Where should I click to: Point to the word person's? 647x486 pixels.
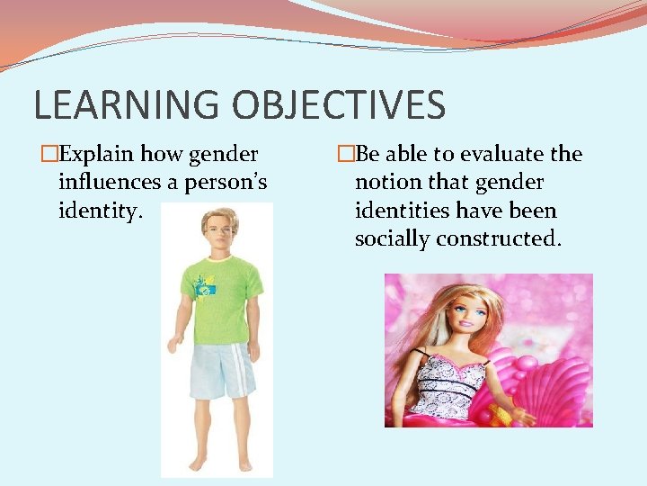[226, 183]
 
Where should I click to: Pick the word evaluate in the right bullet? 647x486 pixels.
[498, 155]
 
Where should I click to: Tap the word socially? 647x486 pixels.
[392, 239]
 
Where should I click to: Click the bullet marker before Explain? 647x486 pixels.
[49, 155]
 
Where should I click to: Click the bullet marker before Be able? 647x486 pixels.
[346, 155]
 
